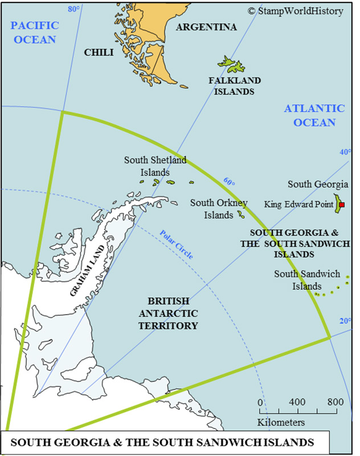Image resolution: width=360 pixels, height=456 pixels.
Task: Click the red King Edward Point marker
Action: (341, 205)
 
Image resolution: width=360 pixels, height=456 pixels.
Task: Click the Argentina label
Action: (206, 27)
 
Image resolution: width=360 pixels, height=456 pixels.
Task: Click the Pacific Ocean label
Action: (34, 32)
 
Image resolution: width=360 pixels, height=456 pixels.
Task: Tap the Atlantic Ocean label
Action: (314, 115)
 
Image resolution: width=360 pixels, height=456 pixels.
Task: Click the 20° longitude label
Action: (345, 321)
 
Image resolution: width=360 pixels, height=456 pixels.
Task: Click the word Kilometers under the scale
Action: (281, 422)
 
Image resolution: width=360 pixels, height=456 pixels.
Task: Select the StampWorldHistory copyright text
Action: (295, 11)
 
